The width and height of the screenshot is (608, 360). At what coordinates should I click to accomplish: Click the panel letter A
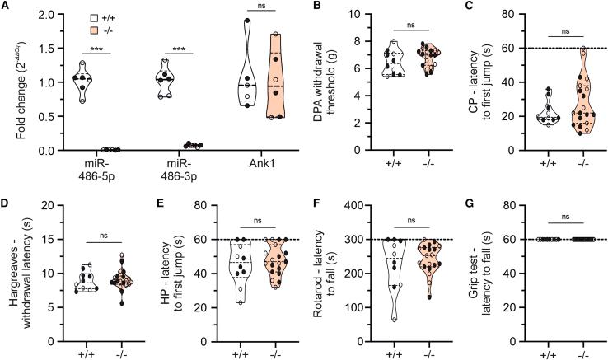(7, 7)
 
